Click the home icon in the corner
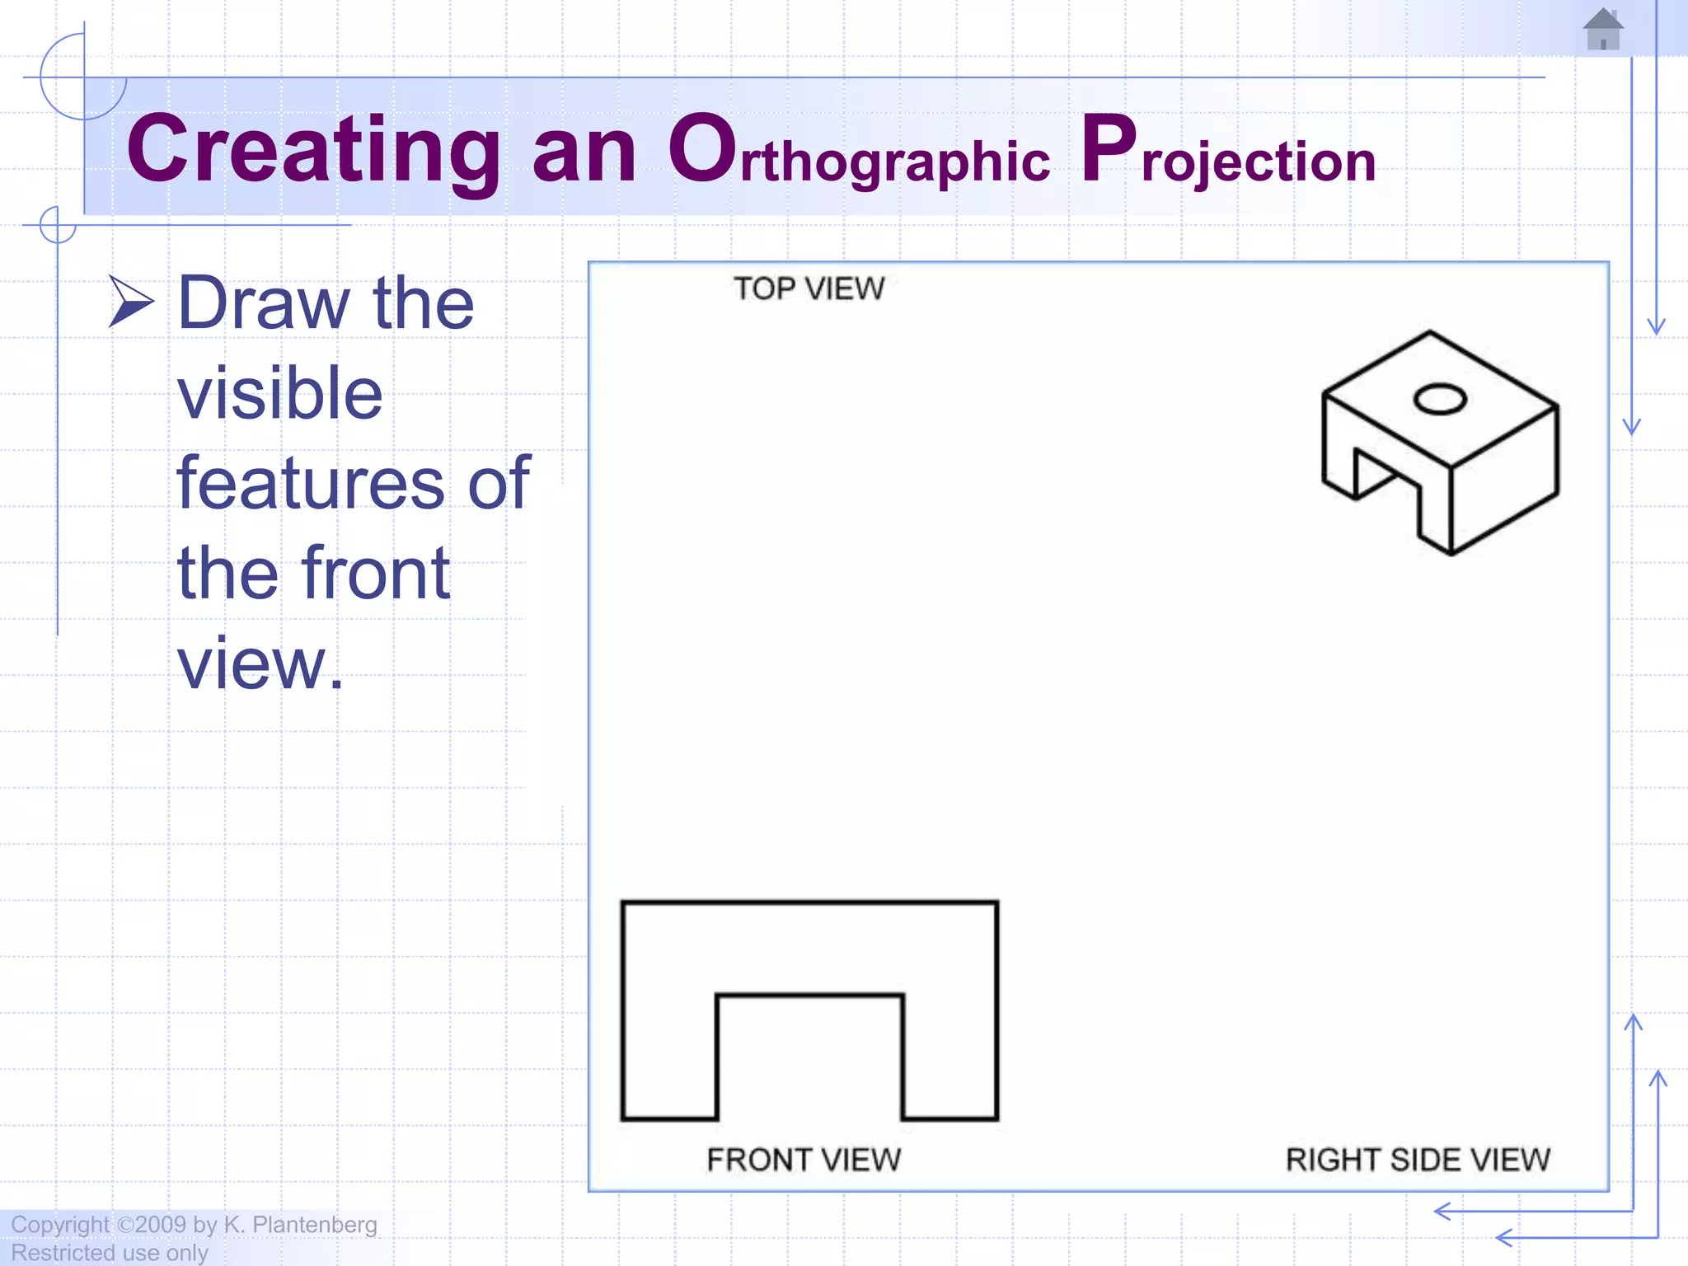(x=1603, y=30)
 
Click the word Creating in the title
(x=313, y=150)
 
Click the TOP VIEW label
(x=809, y=289)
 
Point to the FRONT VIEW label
(x=804, y=1160)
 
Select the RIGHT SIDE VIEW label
(x=1418, y=1160)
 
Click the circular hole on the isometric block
(x=1440, y=400)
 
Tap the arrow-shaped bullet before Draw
(x=130, y=302)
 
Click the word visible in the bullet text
(x=280, y=393)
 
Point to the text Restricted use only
(x=110, y=1253)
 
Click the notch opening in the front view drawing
(x=809, y=1063)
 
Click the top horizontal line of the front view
(x=809, y=903)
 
